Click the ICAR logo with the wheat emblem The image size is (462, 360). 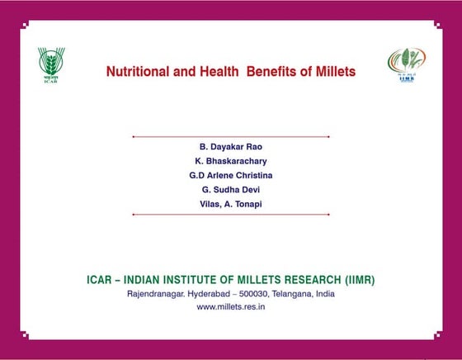click(x=51, y=65)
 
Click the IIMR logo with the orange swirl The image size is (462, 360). click(x=407, y=65)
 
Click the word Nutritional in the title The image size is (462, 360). click(x=138, y=72)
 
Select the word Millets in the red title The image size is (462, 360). click(x=336, y=72)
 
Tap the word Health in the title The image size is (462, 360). click(x=219, y=72)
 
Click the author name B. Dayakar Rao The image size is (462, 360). click(x=231, y=147)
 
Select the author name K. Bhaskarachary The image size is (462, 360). click(x=231, y=161)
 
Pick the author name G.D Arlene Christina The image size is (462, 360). click(x=231, y=175)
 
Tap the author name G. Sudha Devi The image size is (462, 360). click(x=231, y=190)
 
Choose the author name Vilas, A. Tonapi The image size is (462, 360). click(x=231, y=204)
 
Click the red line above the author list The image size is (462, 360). click(x=231, y=137)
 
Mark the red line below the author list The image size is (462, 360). click(x=231, y=215)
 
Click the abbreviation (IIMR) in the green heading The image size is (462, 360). click(x=360, y=280)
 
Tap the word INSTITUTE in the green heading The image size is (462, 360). click(x=190, y=280)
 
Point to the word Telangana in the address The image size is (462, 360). click(x=293, y=294)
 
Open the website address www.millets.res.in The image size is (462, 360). click(x=231, y=307)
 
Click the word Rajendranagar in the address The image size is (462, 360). click(x=157, y=294)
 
